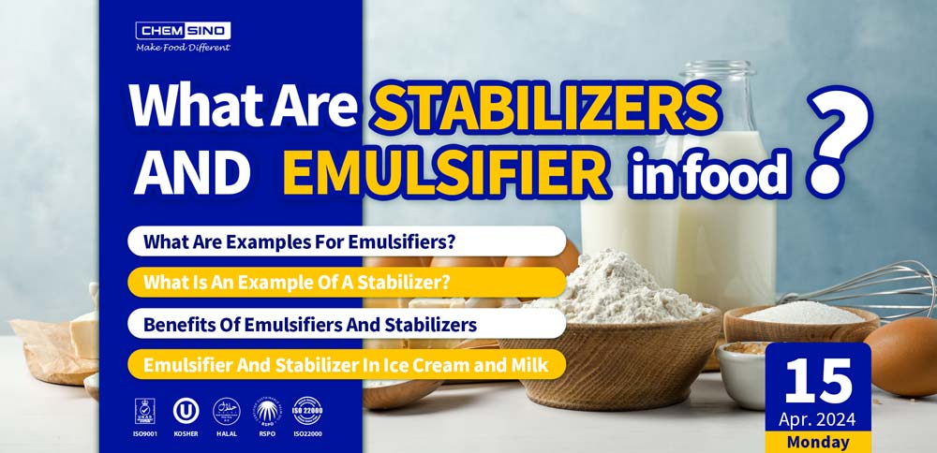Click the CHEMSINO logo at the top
183,30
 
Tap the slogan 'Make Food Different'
183,48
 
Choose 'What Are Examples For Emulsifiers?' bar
346,241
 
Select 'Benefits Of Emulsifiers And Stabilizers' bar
346,324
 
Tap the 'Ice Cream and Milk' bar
346,364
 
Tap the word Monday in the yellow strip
818,442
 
